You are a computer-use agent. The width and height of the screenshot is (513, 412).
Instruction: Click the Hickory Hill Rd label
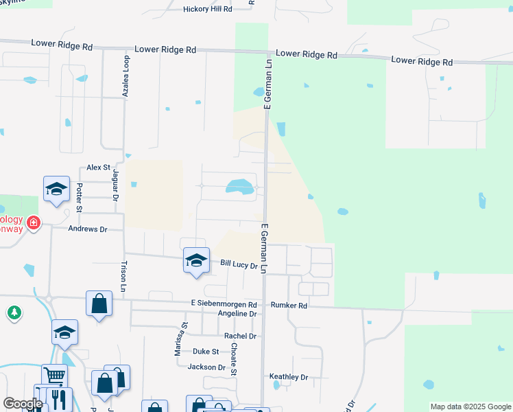point(208,9)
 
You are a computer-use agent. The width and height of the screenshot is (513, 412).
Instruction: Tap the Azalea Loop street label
point(126,77)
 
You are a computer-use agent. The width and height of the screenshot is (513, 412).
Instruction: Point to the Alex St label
point(98,168)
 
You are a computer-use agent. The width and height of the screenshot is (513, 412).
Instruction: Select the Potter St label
point(80,198)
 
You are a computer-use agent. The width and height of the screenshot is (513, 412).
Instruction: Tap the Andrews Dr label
point(88,229)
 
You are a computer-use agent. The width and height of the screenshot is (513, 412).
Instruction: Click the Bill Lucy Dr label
point(238,264)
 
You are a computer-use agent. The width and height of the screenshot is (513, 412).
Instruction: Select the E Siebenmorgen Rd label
point(224,304)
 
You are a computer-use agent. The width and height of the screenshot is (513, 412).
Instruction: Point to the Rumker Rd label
point(289,304)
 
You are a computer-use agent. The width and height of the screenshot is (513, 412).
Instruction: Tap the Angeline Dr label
point(237,314)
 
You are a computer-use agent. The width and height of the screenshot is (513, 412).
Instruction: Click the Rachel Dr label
point(240,336)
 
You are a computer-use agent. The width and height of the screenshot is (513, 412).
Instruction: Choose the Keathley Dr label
point(289,377)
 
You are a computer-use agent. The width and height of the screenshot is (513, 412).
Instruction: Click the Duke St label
point(205,351)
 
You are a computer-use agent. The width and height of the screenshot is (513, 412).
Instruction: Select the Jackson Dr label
point(206,367)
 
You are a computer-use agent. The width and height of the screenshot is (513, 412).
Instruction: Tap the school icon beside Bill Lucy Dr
point(196,260)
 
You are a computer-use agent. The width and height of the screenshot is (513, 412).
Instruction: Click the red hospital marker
point(33,223)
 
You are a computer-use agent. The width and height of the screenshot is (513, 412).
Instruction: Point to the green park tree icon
point(14,313)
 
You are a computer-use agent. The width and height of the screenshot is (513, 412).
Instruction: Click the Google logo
point(23,404)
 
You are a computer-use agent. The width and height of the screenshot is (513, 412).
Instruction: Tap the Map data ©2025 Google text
point(470,407)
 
